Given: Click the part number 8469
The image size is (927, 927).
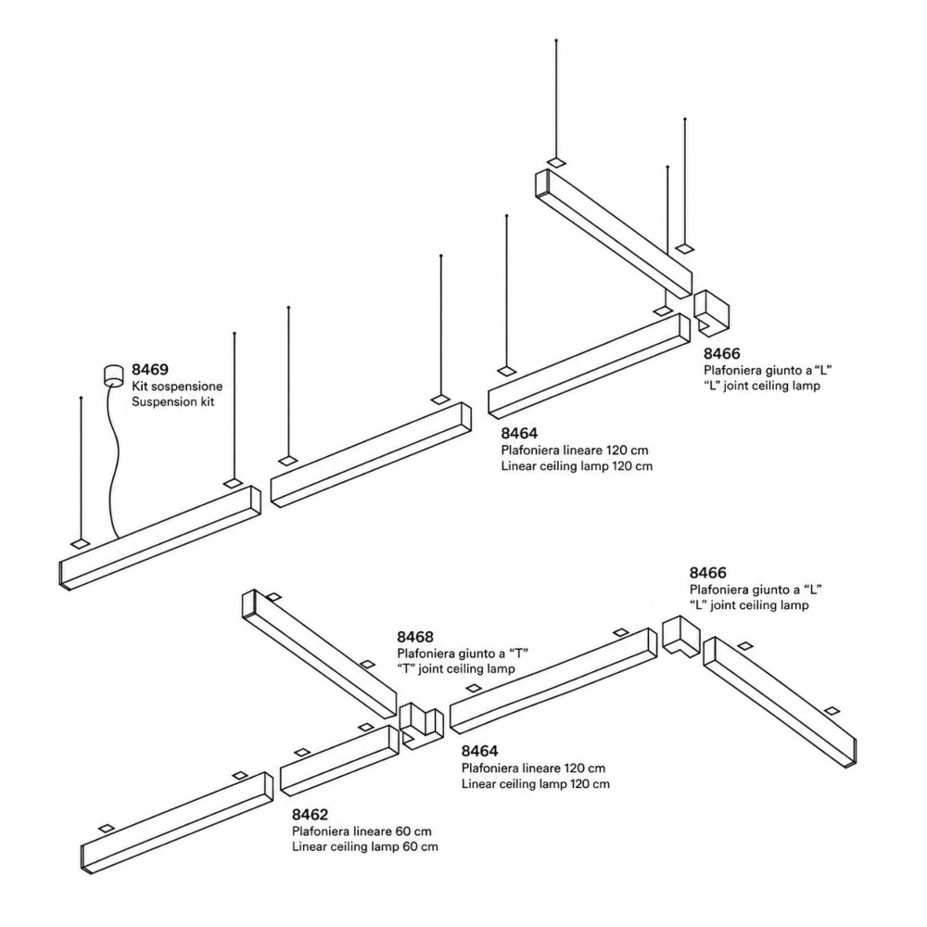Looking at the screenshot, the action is (x=149, y=370).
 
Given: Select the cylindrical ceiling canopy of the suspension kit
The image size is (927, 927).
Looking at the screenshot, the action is (x=112, y=375).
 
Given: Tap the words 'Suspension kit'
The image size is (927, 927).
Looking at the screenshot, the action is (x=172, y=402).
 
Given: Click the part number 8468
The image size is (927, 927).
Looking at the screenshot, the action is (x=415, y=637).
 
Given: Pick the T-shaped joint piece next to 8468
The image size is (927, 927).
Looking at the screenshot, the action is (x=421, y=725).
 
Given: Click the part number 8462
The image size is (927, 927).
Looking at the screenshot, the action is (x=310, y=815).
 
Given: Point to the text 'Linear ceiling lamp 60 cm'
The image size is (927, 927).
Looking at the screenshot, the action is (x=364, y=846).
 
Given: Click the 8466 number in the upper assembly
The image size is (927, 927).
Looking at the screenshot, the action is (x=722, y=353).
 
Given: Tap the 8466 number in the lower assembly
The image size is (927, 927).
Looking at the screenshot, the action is (x=707, y=573).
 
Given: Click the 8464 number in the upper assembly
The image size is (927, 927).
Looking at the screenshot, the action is (x=520, y=433).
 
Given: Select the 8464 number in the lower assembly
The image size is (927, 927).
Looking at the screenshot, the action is (x=480, y=751).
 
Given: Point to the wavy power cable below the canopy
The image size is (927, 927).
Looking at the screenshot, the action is (x=112, y=461).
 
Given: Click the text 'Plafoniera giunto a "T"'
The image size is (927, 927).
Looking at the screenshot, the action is (x=463, y=654).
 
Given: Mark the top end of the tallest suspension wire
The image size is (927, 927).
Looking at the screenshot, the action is (x=555, y=40).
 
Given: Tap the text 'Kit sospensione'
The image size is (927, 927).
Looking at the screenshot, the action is (x=177, y=386).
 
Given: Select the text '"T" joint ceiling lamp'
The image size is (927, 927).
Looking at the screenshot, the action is (x=456, y=668).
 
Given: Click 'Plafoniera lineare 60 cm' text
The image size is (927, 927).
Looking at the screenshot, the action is (x=362, y=831).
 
